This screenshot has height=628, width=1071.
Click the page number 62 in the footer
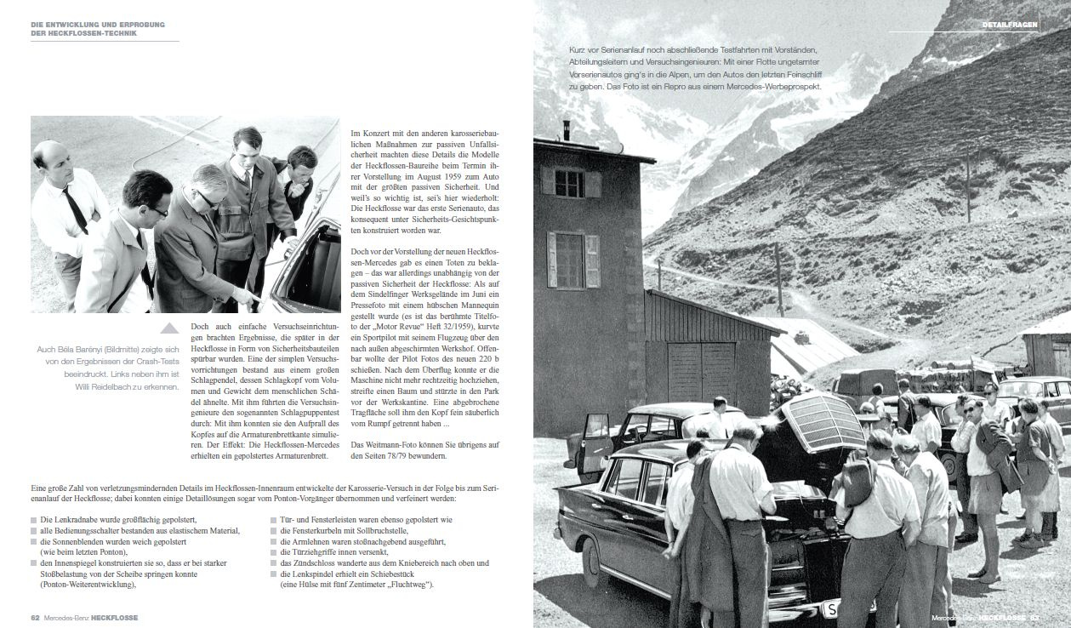click(35, 617)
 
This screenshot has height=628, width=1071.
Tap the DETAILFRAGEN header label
click(1010, 26)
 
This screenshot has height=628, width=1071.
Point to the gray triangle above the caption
click(170, 328)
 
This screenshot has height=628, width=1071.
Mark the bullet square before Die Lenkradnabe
click(35, 518)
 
